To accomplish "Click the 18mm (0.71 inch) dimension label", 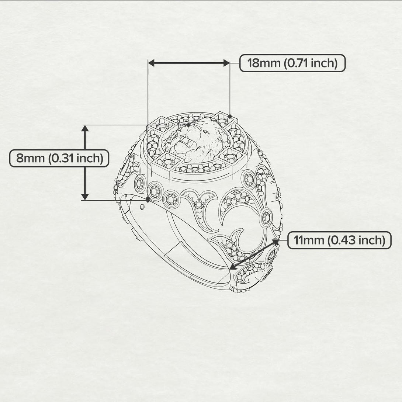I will (292, 63).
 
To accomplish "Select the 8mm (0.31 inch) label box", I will (59, 158).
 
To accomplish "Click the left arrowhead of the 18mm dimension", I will (152, 63).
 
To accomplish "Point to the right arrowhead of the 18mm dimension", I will (226, 63).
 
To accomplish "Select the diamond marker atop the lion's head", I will (188, 125).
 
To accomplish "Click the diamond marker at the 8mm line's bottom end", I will (148, 200).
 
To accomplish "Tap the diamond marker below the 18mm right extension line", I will (230, 117).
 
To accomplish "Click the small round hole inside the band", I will (143, 207).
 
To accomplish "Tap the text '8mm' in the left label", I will (30, 158).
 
